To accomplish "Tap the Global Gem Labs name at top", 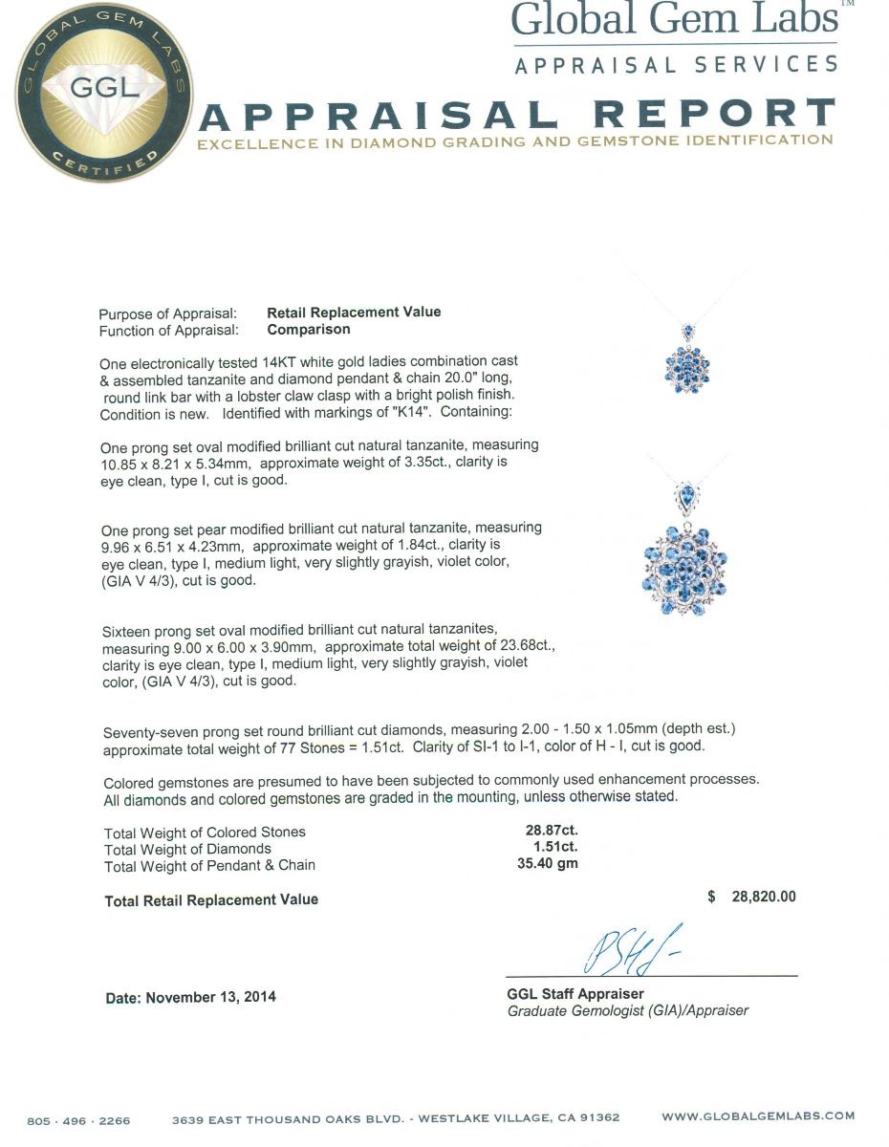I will tap(674, 20).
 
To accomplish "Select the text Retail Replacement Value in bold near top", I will tap(354, 313).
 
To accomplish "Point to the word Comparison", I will tap(308, 330).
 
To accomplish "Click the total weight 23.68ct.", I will tap(524, 645).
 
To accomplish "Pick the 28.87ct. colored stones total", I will tap(545, 832).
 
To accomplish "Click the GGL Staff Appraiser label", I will tap(575, 994).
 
